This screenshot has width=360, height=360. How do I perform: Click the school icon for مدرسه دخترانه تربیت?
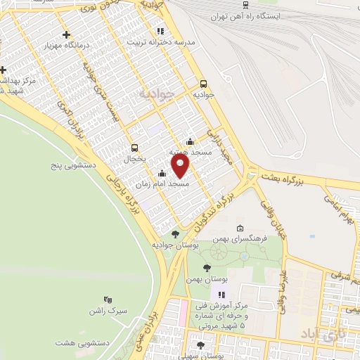point(160,31)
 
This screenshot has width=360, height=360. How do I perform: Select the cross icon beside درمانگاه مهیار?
point(66,34)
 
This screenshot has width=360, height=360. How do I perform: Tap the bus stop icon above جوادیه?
point(203,82)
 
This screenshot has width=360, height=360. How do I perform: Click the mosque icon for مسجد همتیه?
point(189,141)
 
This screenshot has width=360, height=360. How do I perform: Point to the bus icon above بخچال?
point(134,148)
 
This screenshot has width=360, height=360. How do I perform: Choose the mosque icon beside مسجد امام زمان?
point(162,173)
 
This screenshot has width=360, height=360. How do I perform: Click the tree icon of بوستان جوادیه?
point(175,234)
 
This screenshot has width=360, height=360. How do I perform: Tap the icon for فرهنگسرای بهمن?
point(240,228)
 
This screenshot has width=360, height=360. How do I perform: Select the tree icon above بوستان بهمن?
point(206,268)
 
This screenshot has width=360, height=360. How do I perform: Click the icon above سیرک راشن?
point(107,300)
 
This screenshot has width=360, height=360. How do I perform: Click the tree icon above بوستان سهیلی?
point(201,345)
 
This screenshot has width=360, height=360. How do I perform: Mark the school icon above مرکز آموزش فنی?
point(221,295)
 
